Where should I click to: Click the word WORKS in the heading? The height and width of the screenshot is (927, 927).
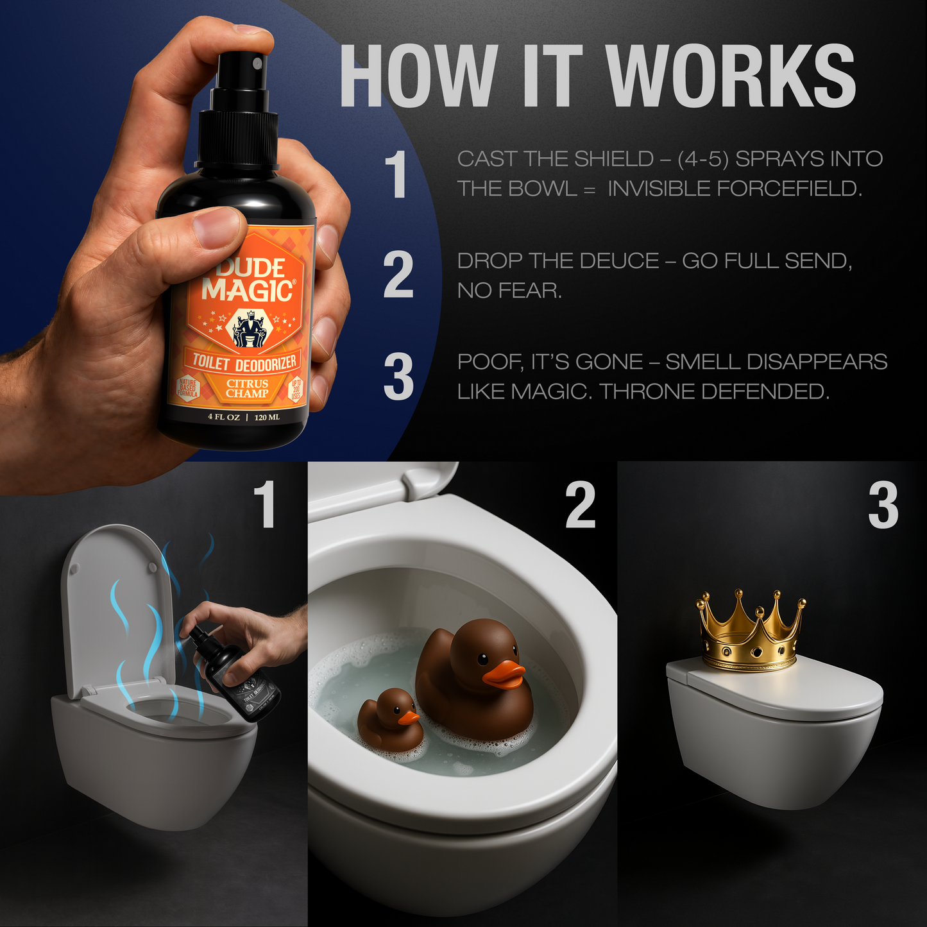tap(731, 77)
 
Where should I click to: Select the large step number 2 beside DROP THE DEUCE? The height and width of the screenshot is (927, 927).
tap(398, 275)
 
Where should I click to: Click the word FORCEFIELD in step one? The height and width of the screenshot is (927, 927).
tap(734, 189)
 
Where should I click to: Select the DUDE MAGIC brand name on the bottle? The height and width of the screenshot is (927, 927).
tap(248, 280)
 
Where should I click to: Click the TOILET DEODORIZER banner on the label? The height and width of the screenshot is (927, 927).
tap(244, 362)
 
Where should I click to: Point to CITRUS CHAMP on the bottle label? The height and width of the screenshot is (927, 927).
tap(247, 388)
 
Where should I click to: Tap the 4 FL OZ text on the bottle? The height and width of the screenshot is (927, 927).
tap(223, 417)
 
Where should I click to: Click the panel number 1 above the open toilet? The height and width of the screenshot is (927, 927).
tap(265, 506)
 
